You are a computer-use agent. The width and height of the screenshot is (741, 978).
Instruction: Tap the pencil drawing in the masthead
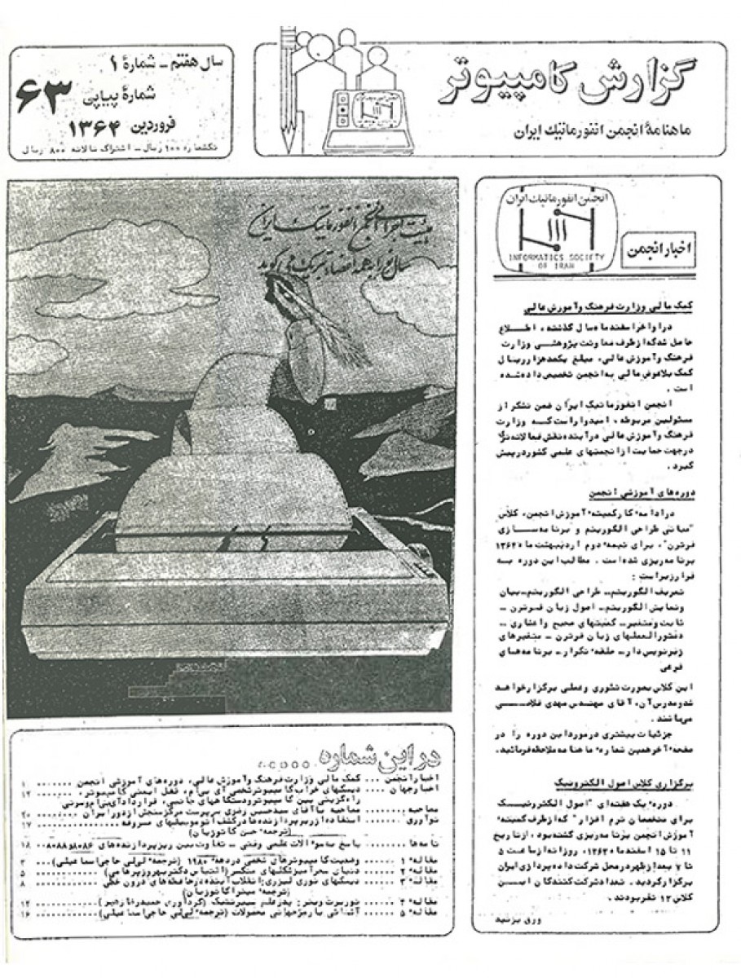click(x=287, y=90)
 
